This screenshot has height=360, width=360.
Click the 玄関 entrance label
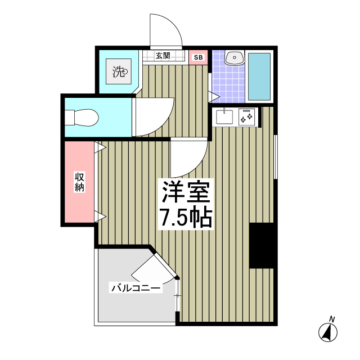click(163, 56)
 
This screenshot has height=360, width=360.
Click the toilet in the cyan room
click(81, 118)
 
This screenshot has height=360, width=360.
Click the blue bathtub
click(259, 76)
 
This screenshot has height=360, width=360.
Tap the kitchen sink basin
click(226, 117)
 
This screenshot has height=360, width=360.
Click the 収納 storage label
click(79, 182)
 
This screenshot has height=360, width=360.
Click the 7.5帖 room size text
click(186, 218)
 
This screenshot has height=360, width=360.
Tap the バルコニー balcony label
click(136, 289)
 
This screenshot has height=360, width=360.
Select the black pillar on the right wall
click(262, 245)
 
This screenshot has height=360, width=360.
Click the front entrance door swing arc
click(166, 31)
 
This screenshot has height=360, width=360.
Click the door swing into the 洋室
click(188, 157)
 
